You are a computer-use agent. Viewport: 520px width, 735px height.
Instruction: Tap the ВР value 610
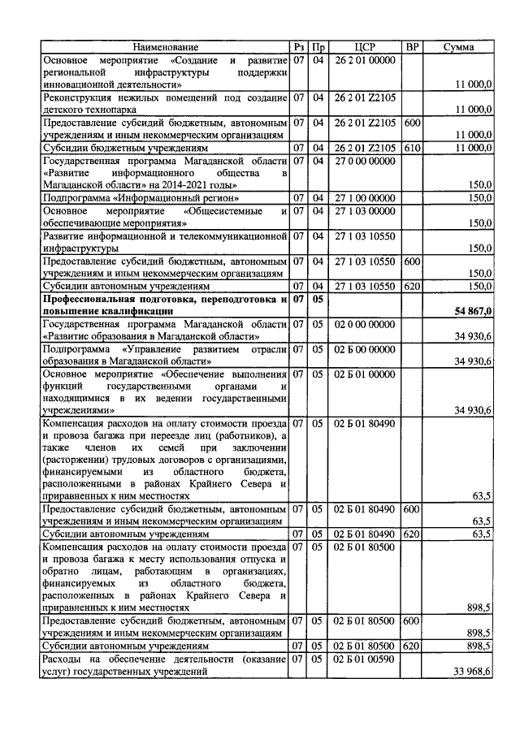click(411, 148)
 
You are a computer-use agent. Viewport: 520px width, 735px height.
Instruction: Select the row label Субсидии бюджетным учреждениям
click(114, 149)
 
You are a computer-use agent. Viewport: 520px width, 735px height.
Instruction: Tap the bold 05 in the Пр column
click(319, 299)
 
